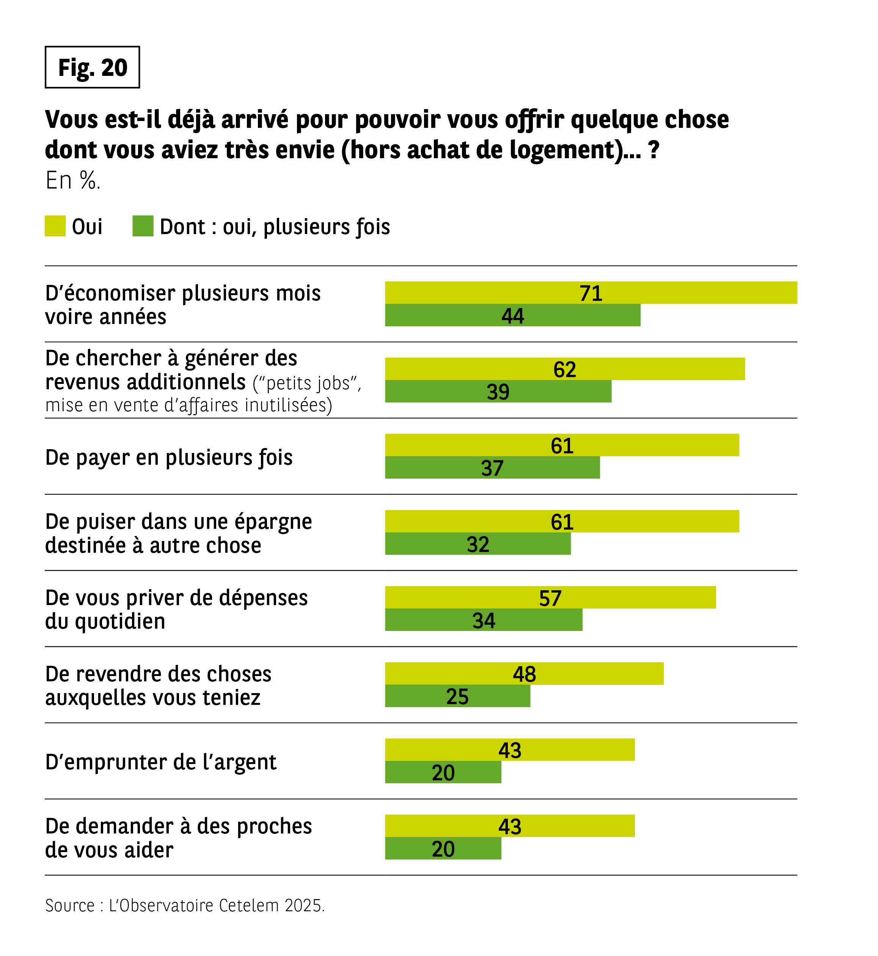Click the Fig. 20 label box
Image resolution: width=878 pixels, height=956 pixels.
coord(92,67)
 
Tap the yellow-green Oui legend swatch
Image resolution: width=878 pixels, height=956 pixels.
coord(55,226)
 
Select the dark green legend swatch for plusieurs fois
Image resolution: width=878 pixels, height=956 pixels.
coord(143,226)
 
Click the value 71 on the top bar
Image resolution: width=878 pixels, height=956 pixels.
coord(591,293)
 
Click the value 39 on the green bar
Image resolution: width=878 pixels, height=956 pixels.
coord(498,392)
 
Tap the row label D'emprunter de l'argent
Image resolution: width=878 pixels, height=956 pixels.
coord(160,762)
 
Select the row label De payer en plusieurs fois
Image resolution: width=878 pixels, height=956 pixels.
coord(169,458)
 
